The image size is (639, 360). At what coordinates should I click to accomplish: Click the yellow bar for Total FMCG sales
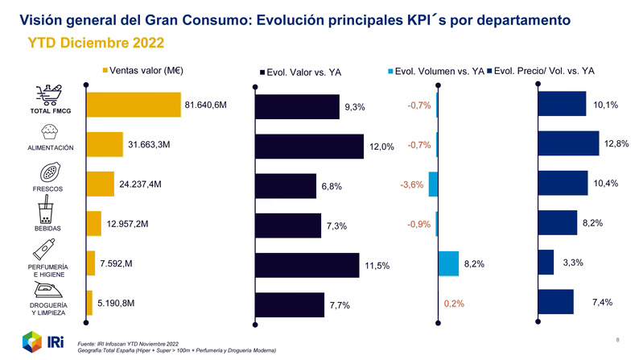134,106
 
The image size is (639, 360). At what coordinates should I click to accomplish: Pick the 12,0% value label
381,147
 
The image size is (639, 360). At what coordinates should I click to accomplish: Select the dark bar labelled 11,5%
307,265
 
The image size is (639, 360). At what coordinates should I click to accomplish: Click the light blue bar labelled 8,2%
448,263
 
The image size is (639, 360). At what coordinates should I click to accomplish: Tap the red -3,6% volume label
411,185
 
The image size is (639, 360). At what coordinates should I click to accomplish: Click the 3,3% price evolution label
572,263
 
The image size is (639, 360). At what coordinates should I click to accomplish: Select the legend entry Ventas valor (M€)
144,70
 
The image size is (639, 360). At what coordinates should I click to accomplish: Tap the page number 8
617,339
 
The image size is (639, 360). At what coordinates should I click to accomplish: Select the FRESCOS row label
48,189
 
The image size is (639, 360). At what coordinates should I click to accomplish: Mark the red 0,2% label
455,304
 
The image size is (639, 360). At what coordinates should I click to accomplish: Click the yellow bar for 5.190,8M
89,303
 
